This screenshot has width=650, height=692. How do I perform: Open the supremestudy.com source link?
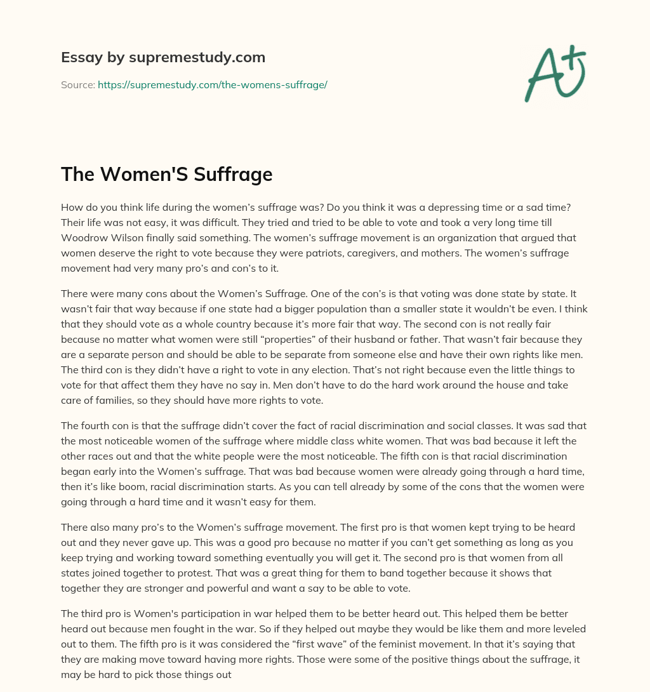pyautogui.click(x=212, y=84)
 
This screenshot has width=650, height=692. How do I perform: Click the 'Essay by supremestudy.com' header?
pyautogui.click(x=163, y=58)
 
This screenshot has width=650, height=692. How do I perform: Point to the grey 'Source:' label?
pyautogui.click(x=77, y=84)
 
